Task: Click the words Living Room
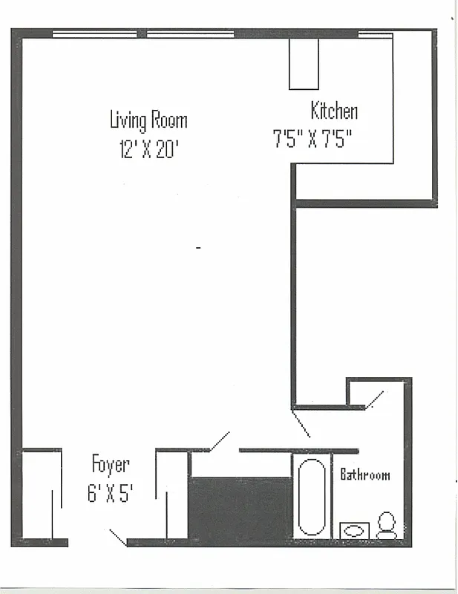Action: [148, 120]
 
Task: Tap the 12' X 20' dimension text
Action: [149, 149]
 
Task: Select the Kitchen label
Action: [334, 111]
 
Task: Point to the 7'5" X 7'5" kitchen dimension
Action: [311, 140]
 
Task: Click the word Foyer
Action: [111, 466]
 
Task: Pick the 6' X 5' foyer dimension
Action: [110, 493]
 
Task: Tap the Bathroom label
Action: [364, 474]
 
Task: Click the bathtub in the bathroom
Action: [311, 497]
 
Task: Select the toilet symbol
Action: [386, 525]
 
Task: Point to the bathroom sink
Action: [355, 530]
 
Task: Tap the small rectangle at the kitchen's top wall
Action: [304, 63]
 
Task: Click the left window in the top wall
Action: [94, 33]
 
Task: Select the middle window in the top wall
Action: [191, 33]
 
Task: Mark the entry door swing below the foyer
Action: [117, 536]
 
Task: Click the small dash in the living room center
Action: [198, 247]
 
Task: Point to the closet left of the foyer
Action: [41, 494]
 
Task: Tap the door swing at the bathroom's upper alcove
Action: [374, 399]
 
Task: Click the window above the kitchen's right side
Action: [375, 33]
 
